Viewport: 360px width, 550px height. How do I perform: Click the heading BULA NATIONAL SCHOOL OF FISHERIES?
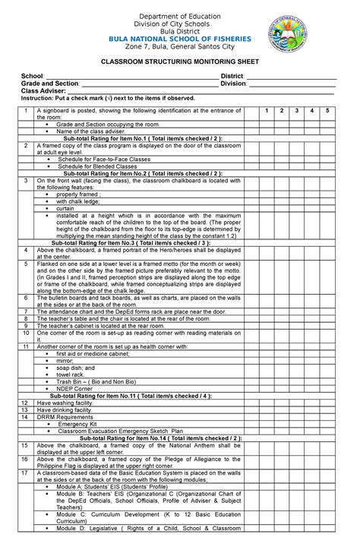(x=179, y=35)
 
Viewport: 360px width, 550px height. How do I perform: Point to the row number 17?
(x=25, y=473)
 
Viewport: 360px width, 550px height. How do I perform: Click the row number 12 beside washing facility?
(x=25, y=403)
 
